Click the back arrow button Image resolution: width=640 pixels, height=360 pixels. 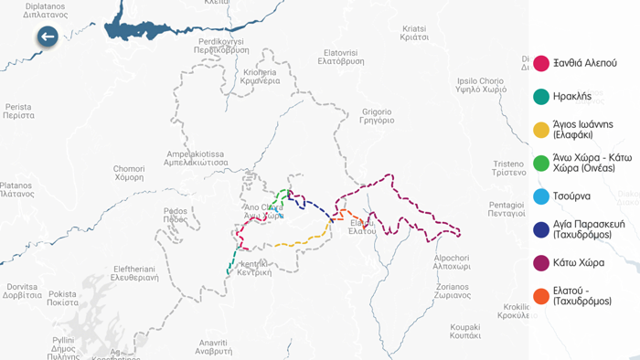click(x=48, y=37)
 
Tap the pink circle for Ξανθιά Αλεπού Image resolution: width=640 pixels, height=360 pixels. click(x=541, y=63)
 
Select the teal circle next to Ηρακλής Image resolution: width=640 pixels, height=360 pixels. click(x=541, y=97)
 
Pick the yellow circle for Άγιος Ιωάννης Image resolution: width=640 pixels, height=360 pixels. click(x=541, y=130)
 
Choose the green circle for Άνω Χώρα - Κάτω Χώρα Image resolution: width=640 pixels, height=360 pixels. click(x=541, y=164)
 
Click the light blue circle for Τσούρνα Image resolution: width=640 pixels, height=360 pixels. click(x=541, y=196)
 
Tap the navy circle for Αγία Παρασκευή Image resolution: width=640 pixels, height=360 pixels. click(x=541, y=229)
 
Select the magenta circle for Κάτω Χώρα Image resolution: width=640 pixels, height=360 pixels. click(x=541, y=263)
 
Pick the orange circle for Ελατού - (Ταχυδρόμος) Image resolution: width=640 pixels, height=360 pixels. click(x=541, y=296)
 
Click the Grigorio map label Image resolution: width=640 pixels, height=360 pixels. click(x=377, y=116)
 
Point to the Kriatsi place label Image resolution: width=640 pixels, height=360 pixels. click(x=414, y=33)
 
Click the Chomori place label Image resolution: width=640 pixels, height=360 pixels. click(x=129, y=173)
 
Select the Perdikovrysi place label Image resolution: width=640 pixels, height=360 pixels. click(x=221, y=46)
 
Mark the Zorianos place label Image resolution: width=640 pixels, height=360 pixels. click(x=453, y=291)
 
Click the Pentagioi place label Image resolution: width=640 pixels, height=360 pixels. click(x=507, y=209)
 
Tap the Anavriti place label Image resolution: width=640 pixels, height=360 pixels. click(x=214, y=346)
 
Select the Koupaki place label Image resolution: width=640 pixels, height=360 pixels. click(x=464, y=331)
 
